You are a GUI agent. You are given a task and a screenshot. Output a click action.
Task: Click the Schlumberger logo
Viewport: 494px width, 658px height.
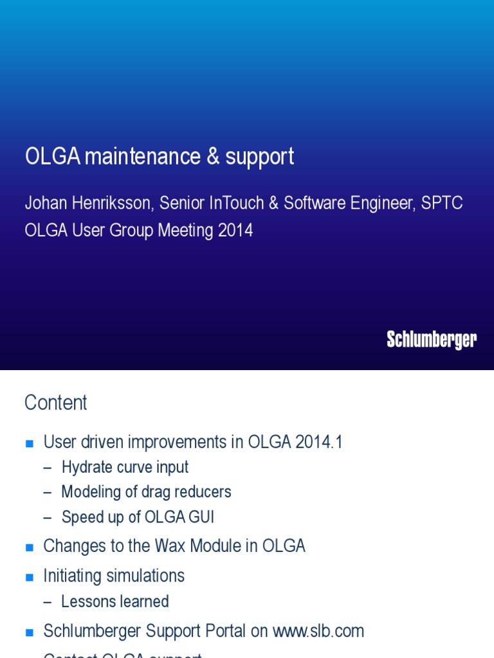[x=432, y=339]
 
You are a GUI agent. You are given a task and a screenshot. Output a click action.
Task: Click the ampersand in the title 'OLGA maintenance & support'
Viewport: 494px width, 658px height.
[x=213, y=157]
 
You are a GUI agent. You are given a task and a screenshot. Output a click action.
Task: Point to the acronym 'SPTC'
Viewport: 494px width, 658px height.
[x=442, y=203]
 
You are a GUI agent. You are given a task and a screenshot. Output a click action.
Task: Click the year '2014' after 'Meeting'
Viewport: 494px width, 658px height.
[x=235, y=230]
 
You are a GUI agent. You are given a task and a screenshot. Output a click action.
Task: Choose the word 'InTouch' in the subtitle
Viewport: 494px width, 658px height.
[x=237, y=203]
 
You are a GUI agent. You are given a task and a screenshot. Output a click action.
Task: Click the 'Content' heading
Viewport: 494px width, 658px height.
[x=55, y=403]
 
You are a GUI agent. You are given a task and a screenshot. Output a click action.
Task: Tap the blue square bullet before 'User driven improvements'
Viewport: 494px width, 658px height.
[x=28, y=443]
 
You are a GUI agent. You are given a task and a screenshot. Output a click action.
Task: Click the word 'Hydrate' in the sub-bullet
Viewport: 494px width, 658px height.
[x=87, y=467]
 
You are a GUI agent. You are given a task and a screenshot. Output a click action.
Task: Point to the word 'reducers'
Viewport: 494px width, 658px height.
[x=204, y=492]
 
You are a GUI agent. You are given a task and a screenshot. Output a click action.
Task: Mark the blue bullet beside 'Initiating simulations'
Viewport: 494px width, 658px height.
[x=28, y=577]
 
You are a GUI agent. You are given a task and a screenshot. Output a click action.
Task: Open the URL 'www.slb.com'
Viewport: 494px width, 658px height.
[x=318, y=631]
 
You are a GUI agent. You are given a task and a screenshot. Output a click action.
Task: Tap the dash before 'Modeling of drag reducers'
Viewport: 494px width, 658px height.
[x=47, y=492]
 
